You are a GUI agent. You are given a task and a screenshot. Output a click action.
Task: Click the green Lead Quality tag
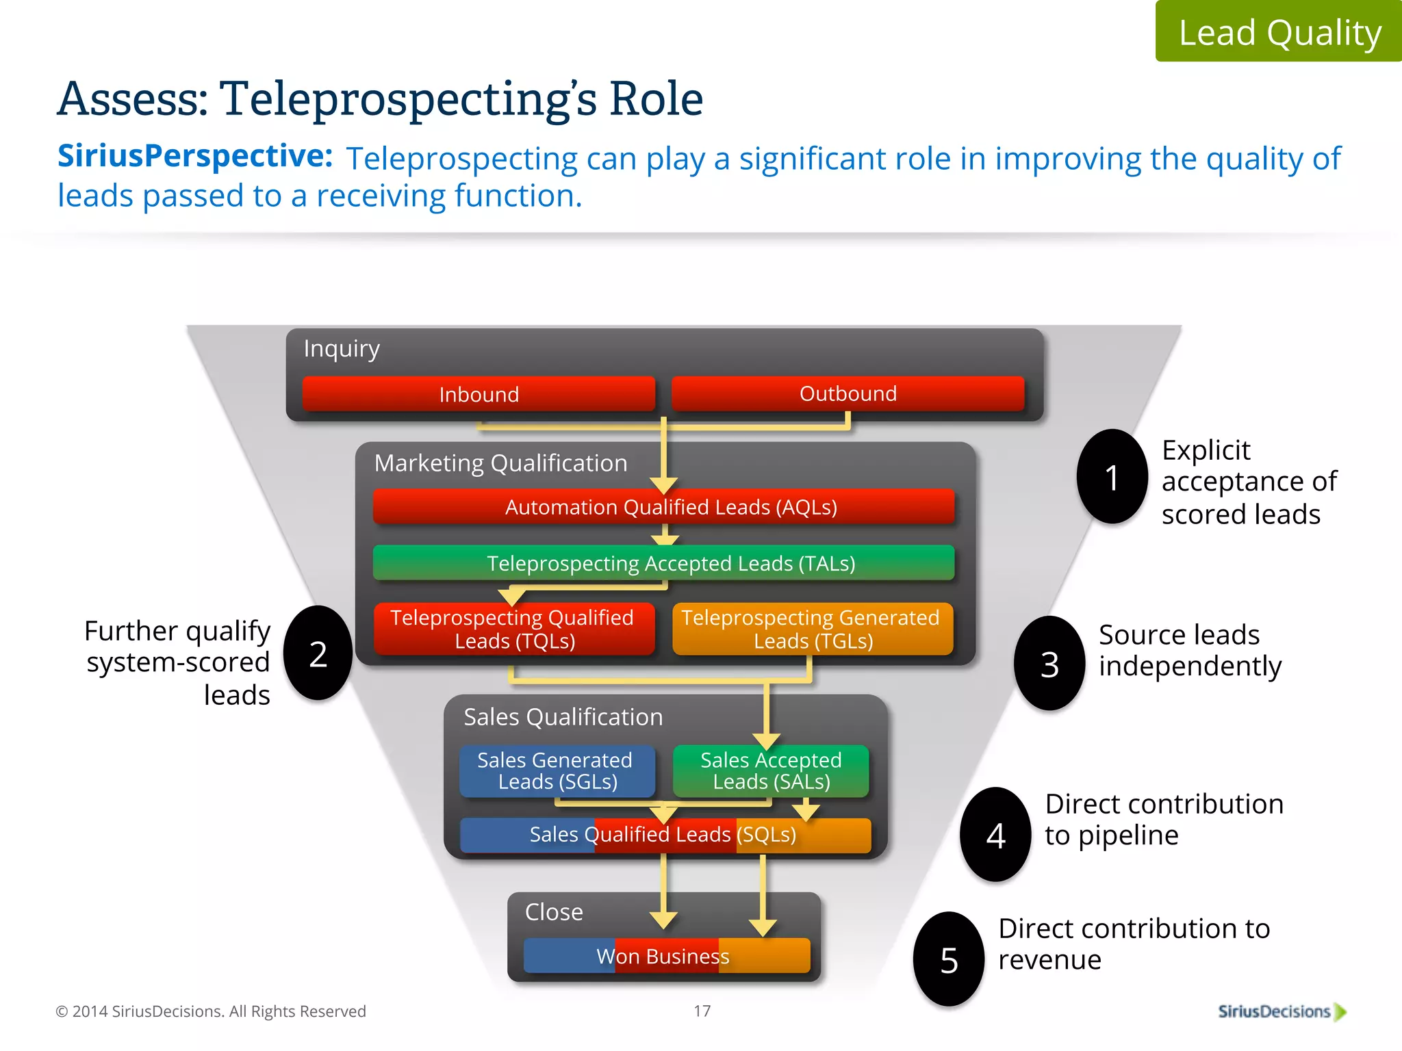(x=1279, y=31)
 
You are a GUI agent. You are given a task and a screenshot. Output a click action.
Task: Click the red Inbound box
(x=479, y=394)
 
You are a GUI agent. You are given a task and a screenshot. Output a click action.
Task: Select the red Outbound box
(x=847, y=393)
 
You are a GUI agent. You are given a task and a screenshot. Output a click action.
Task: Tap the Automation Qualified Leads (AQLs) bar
(x=663, y=507)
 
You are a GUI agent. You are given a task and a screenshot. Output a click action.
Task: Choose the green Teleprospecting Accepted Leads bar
(x=663, y=563)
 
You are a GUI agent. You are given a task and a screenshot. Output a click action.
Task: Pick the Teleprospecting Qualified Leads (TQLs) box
(x=513, y=629)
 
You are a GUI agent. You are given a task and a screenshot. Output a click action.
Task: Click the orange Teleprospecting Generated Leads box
(x=813, y=629)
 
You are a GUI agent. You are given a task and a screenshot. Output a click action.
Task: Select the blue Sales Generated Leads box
(x=557, y=771)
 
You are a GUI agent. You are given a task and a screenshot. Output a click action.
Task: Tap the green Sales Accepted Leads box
(x=771, y=771)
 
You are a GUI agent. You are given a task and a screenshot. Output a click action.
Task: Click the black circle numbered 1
(x=1112, y=477)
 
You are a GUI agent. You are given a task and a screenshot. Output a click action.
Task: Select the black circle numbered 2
(x=318, y=653)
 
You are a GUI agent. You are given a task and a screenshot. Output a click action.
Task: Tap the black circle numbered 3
(x=1049, y=664)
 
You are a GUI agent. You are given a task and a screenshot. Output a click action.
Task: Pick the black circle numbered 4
(x=995, y=835)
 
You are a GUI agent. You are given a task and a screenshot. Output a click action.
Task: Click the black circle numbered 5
(x=949, y=959)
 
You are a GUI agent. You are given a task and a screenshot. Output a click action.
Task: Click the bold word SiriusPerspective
(x=195, y=156)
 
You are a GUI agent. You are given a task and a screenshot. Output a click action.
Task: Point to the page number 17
(x=702, y=1011)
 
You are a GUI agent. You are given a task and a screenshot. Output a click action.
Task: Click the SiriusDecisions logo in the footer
(x=1281, y=1011)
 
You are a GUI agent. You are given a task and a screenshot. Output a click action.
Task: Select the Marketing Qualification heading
(x=500, y=463)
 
